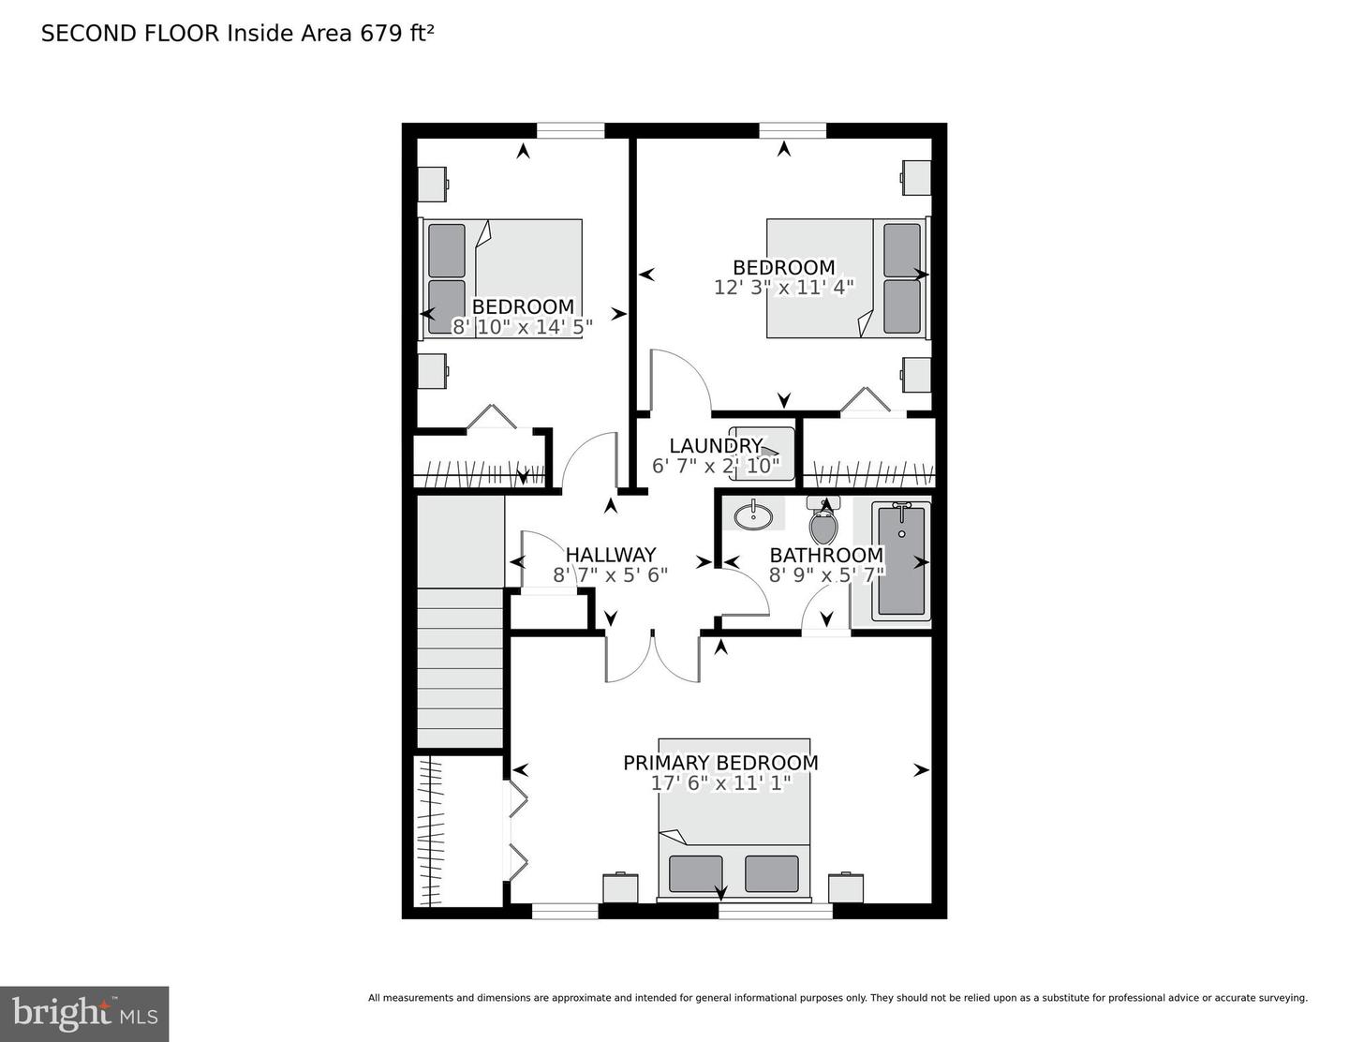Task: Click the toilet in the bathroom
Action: tap(823, 524)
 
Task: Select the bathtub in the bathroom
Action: tap(901, 560)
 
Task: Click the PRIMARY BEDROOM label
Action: tap(720, 763)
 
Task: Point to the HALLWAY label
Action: tap(610, 555)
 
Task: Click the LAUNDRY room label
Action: tap(715, 446)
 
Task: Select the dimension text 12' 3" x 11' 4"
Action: tap(783, 288)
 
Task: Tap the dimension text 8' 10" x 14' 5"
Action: tap(522, 327)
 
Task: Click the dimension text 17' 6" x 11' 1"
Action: tap(720, 783)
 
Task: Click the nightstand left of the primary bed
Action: tap(620, 887)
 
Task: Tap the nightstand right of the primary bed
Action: tap(846, 887)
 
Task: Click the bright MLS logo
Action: tap(84, 1013)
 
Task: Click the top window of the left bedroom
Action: tap(570, 130)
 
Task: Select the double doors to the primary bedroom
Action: tap(652, 657)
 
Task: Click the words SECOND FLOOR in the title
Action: tap(129, 34)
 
